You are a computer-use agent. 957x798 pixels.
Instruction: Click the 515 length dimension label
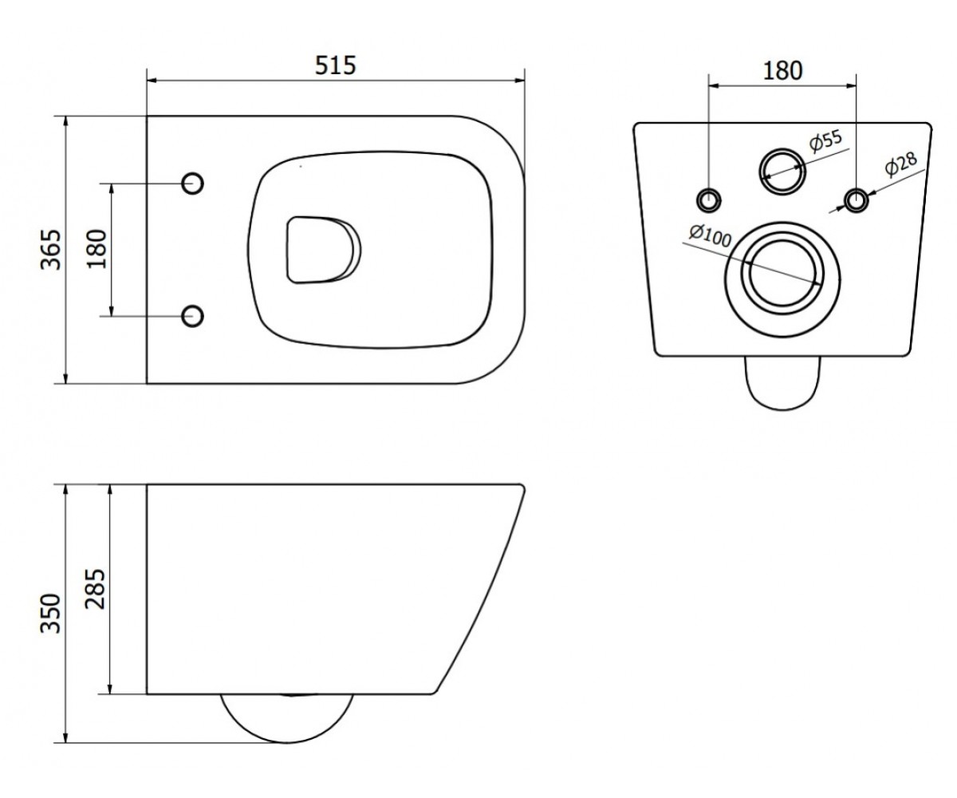335,65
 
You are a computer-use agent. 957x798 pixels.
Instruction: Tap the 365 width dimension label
51,250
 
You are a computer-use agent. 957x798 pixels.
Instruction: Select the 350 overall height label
51,614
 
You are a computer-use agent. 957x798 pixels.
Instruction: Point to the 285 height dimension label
96,590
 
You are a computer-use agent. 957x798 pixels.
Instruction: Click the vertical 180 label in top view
96,250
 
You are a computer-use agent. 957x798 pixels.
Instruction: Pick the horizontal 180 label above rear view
782,71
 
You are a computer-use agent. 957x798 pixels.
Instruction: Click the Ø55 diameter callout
825,140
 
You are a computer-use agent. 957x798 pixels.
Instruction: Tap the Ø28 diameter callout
901,164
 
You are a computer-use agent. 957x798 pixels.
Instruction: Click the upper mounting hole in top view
192,184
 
